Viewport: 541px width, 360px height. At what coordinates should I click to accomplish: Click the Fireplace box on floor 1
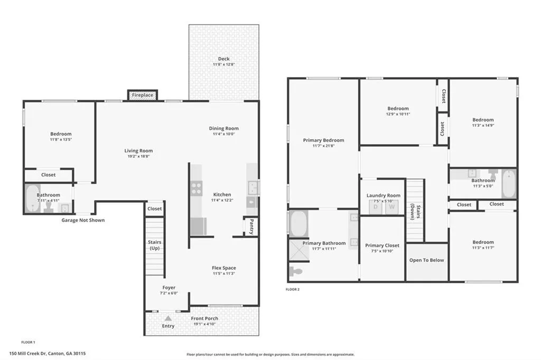(143, 95)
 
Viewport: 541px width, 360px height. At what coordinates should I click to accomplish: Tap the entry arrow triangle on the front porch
(168, 318)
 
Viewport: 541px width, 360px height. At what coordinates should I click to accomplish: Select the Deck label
(224, 59)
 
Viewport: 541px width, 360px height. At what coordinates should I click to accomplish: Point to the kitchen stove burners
(197, 188)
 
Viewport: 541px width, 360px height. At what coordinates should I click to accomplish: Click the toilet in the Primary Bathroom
(296, 271)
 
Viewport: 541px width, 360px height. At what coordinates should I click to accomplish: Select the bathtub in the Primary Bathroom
(299, 224)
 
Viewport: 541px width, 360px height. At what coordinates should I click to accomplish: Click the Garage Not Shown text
(83, 220)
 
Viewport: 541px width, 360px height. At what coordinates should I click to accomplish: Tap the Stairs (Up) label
(155, 245)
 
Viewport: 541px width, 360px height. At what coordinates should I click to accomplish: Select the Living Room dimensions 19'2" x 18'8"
(138, 156)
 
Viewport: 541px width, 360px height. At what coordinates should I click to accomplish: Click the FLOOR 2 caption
(293, 289)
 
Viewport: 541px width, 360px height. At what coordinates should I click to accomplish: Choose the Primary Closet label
(383, 245)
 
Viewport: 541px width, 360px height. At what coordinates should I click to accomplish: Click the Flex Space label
(224, 268)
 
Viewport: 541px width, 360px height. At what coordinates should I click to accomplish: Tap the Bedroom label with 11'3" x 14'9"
(483, 120)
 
